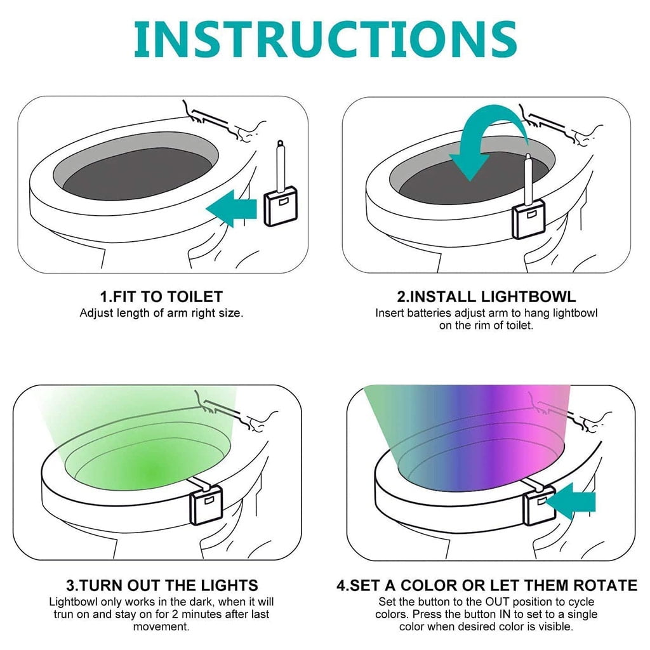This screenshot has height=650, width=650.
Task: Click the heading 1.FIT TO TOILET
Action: [x=161, y=296]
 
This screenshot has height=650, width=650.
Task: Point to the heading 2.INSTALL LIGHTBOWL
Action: [x=486, y=296]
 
